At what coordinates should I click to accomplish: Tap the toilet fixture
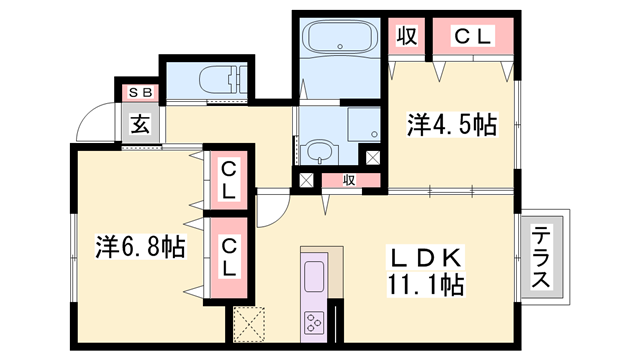pyautogui.click(x=220, y=79)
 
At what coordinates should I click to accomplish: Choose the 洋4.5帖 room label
pyautogui.click(x=451, y=125)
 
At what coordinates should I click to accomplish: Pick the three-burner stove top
pyautogui.click(x=314, y=322)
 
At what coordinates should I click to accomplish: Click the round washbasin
pyautogui.click(x=318, y=153)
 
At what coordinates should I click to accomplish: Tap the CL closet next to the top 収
pyautogui.click(x=473, y=37)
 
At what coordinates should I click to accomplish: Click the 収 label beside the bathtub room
pyautogui.click(x=406, y=37)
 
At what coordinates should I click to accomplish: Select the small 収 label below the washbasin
pyautogui.click(x=349, y=181)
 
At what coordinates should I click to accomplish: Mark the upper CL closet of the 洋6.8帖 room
pyautogui.click(x=230, y=178)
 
